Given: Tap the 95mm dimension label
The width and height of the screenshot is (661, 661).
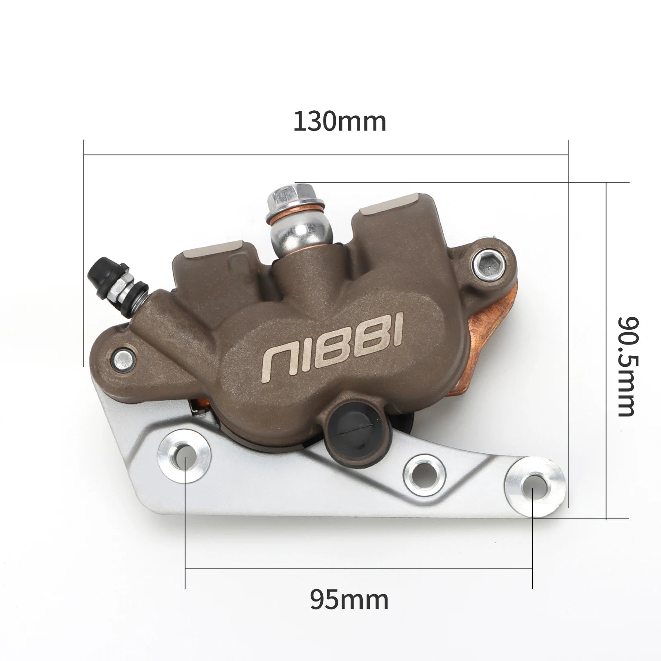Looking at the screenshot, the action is click(x=349, y=600).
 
